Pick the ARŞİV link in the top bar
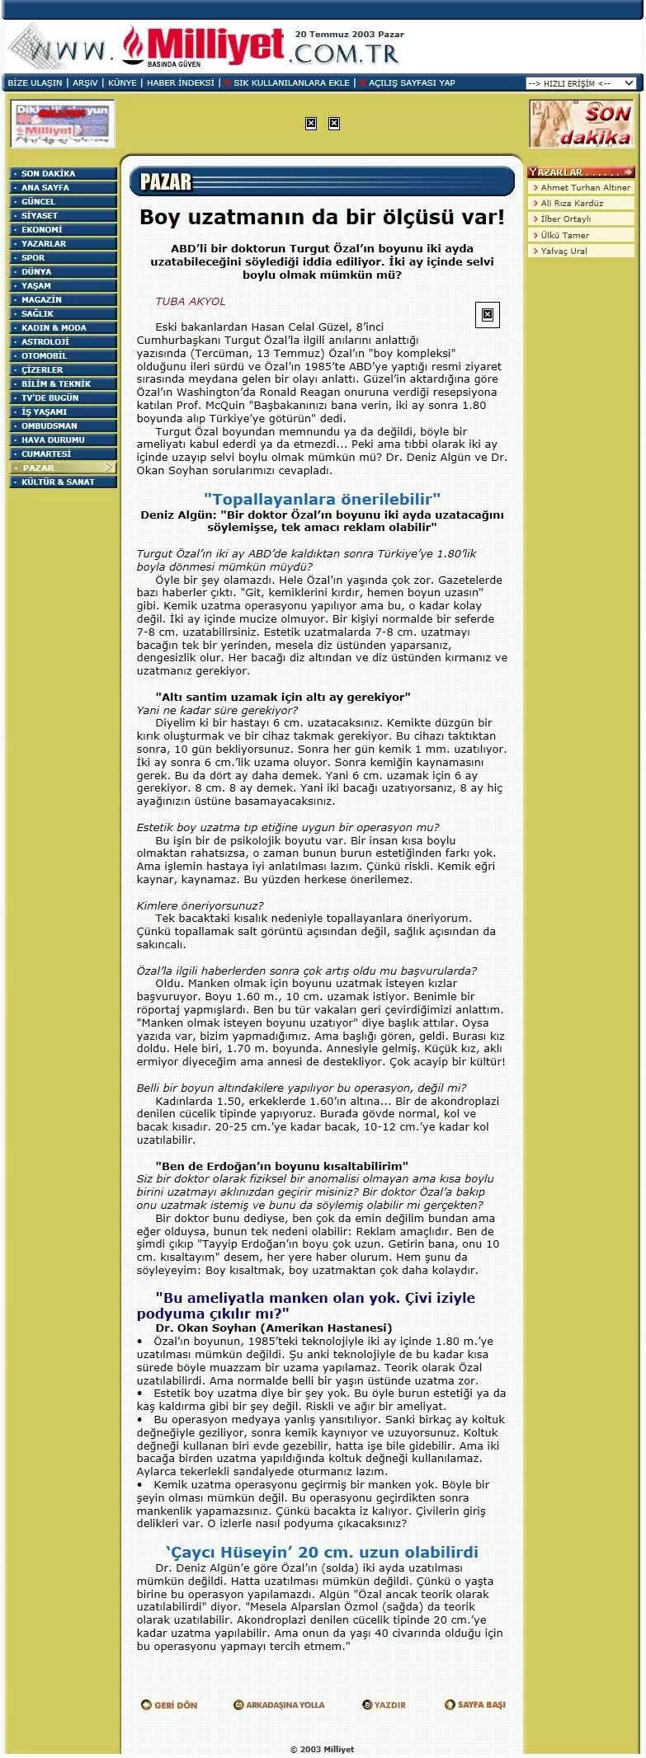point(85,83)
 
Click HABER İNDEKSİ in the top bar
point(180,83)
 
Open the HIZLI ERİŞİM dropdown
point(581,83)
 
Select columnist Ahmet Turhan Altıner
point(585,188)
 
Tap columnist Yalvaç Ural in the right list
point(563,251)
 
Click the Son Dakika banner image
point(582,124)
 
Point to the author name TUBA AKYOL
point(190,302)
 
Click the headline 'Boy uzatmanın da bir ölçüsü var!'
point(322,218)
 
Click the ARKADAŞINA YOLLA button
point(279,1704)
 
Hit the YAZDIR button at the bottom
point(384,1704)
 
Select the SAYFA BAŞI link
point(475,1704)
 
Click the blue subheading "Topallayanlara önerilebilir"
point(322,499)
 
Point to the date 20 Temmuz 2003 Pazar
point(350,35)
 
